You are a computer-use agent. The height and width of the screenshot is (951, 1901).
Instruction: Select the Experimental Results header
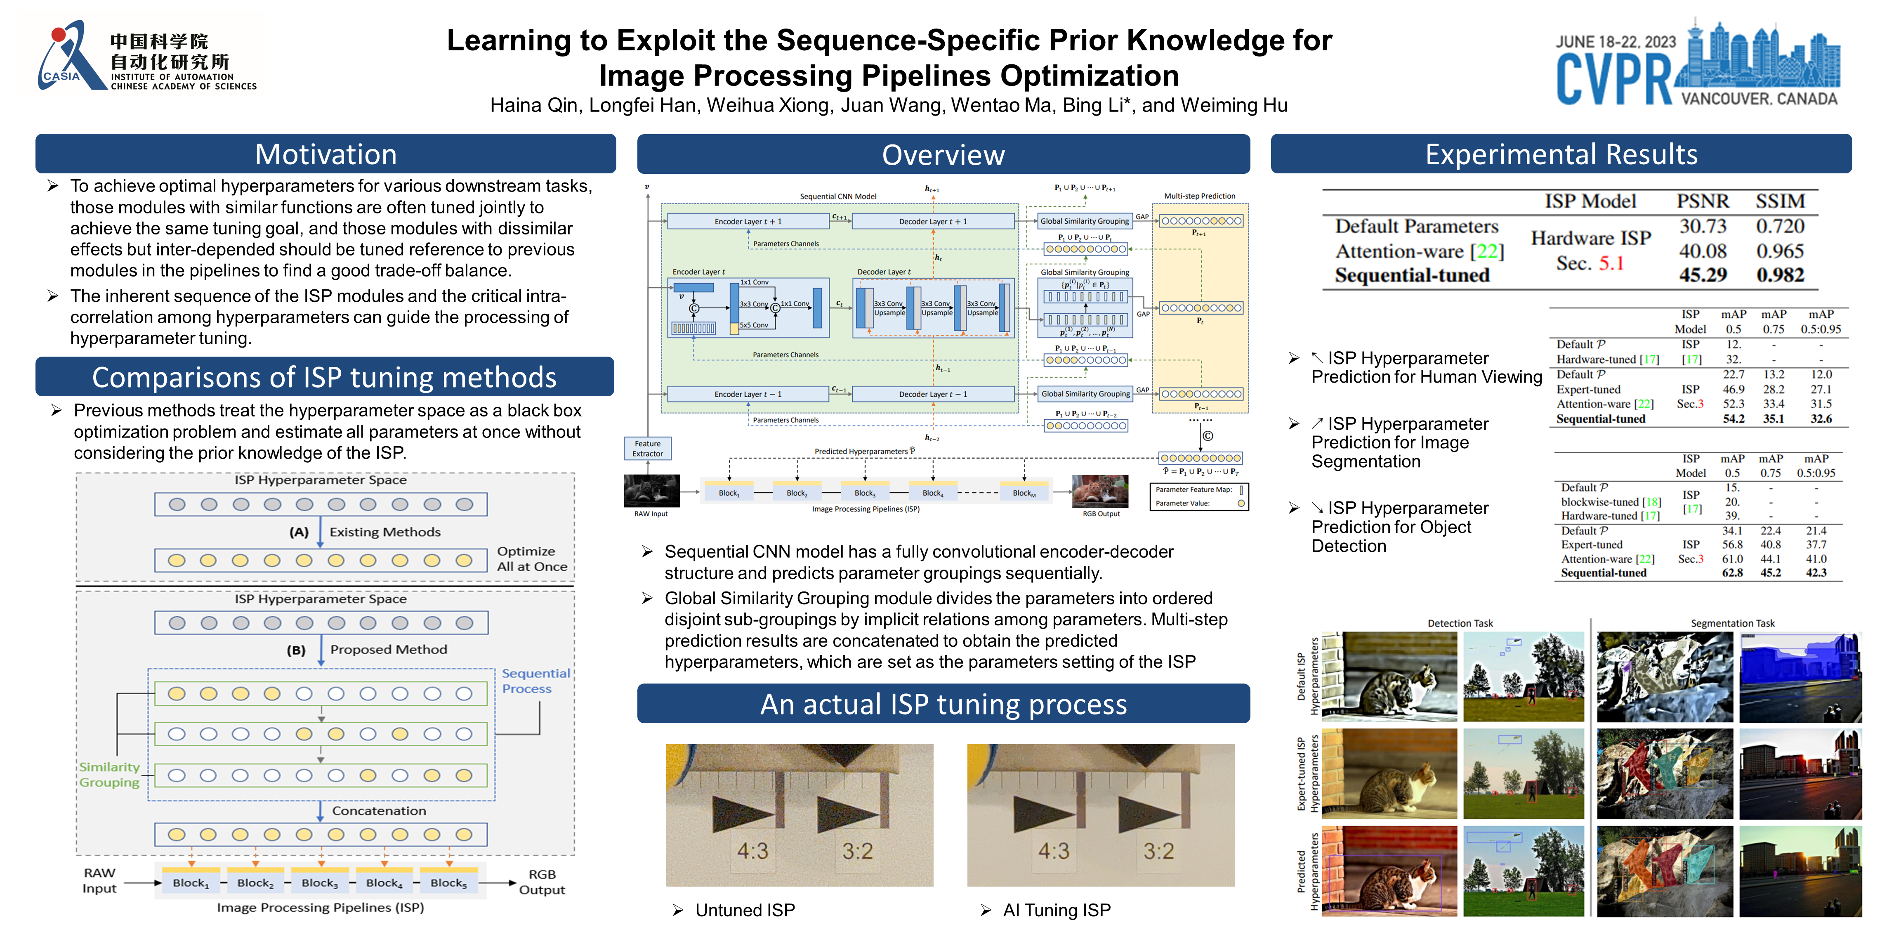pyautogui.click(x=1561, y=154)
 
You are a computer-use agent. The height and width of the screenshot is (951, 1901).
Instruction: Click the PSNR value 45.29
pyautogui.click(x=1703, y=275)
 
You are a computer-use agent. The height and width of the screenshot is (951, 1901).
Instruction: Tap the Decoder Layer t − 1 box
pyautogui.click(x=933, y=394)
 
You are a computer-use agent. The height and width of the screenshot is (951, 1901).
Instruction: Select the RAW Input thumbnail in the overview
pyautogui.click(x=651, y=490)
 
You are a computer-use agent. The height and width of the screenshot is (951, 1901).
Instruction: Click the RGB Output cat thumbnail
pyautogui.click(x=1099, y=490)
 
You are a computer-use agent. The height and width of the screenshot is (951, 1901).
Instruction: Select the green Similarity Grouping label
pyautogui.click(x=109, y=774)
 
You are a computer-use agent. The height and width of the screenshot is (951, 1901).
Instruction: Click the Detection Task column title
pyautogui.click(x=1460, y=623)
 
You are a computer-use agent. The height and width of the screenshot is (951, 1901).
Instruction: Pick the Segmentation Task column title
pyautogui.click(x=1732, y=623)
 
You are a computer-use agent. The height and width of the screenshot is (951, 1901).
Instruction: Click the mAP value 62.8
pyautogui.click(x=1732, y=573)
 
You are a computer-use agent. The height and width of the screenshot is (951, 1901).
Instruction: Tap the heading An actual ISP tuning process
pyautogui.click(x=943, y=705)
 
